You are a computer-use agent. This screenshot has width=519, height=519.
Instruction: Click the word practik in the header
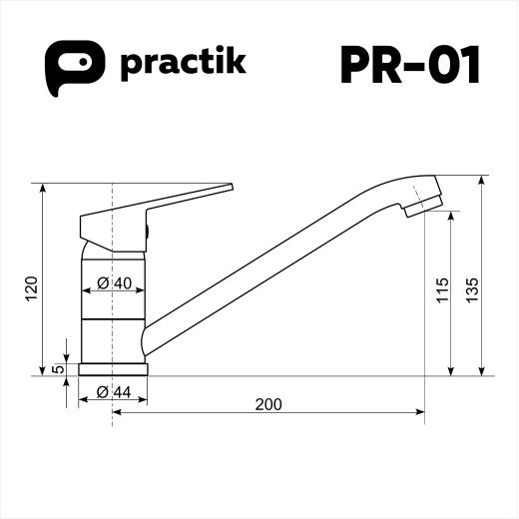click(x=183, y=66)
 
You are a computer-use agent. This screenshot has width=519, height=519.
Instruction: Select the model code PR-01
click(x=410, y=66)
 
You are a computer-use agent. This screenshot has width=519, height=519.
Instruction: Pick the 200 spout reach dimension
click(x=267, y=404)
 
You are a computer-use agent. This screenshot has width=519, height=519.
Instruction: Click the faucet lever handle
click(x=190, y=196)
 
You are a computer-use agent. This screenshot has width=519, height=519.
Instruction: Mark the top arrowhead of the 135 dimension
click(x=483, y=184)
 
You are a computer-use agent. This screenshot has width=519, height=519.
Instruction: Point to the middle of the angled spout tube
click(x=279, y=264)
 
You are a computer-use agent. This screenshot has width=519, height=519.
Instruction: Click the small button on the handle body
click(x=148, y=233)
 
